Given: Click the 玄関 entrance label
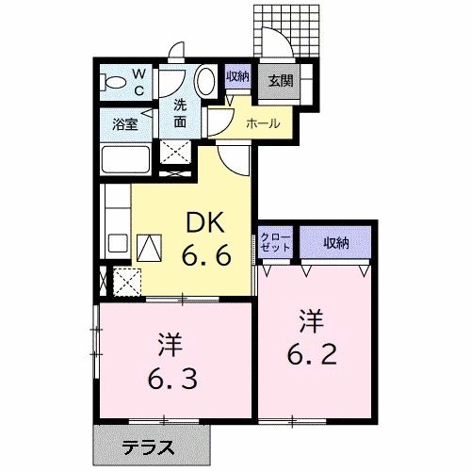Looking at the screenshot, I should [x=280, y=81].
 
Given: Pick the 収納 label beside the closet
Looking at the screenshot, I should [x=336, y=243].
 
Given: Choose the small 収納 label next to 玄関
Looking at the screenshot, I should [x=237, y=77].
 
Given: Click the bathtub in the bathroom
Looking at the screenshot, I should [x=126, y=160].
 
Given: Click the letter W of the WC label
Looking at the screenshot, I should [x=138, y=73].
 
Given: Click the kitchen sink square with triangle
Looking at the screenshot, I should [x=149, y=248].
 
